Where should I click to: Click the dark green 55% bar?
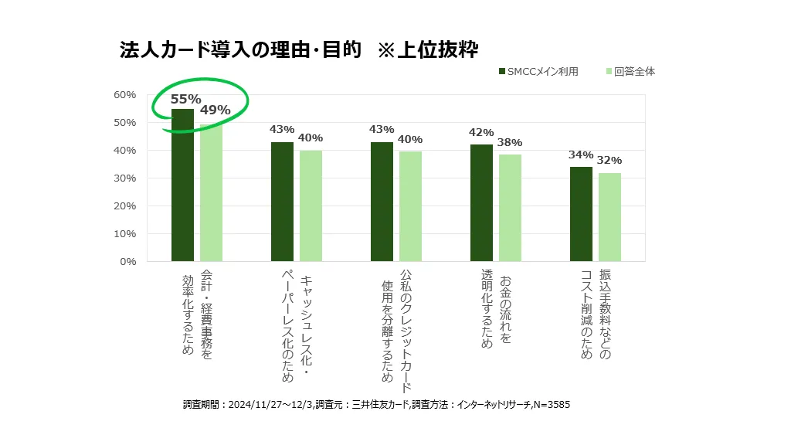182,185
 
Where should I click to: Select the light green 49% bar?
211,193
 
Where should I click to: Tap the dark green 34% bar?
581,214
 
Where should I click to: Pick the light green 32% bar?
609,217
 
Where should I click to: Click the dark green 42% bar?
481,203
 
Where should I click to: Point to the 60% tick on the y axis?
124,95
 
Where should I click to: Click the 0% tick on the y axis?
127,262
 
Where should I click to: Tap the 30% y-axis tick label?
124,178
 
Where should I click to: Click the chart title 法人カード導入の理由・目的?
240,50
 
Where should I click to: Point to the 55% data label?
185,99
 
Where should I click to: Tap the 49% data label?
215,110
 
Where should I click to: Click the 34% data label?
581,155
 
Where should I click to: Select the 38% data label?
510,142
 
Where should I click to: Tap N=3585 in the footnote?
552,405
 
